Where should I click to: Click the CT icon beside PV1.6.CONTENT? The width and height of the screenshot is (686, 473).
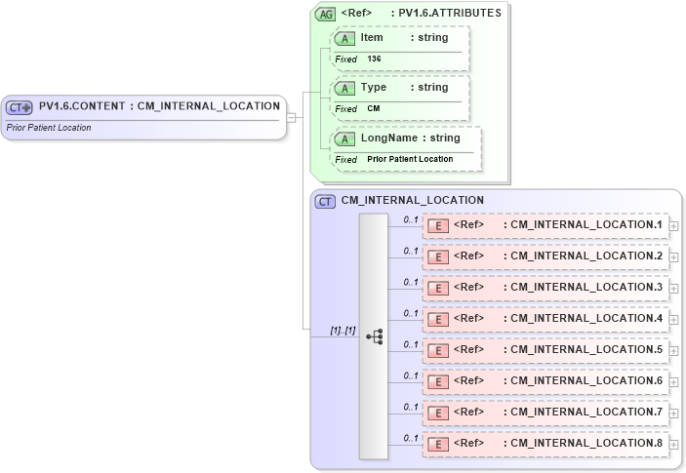[x=20, y=107]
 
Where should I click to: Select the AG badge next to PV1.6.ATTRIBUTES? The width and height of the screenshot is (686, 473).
[x=325, y=14]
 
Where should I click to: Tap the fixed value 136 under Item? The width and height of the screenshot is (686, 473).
[x=375, y=59]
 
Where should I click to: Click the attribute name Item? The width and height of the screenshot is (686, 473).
[x=372, y=38]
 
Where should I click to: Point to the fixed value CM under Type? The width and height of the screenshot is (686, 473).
[x=374, y=108]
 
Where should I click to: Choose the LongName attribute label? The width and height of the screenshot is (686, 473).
[x=388, y=138]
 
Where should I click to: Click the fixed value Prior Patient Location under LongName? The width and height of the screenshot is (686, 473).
[x=410, y=159]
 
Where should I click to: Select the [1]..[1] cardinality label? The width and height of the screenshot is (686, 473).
[x=342, y=331]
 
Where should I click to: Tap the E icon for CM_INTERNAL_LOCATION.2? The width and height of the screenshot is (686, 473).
[x=438, y=257]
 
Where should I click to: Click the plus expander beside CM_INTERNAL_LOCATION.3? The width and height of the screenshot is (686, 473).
[x=673, y=289]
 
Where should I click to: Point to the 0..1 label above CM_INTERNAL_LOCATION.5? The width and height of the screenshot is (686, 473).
[x=411, y=344]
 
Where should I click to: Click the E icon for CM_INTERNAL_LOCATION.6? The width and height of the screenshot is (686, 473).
[x=438, y=382]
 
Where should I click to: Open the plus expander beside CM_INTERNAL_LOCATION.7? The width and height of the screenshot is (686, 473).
[x=673, y=414]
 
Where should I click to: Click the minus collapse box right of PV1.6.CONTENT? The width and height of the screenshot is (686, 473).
[x=291, y=117]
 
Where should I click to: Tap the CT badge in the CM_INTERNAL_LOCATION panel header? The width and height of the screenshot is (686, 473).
[x=325, y=201]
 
